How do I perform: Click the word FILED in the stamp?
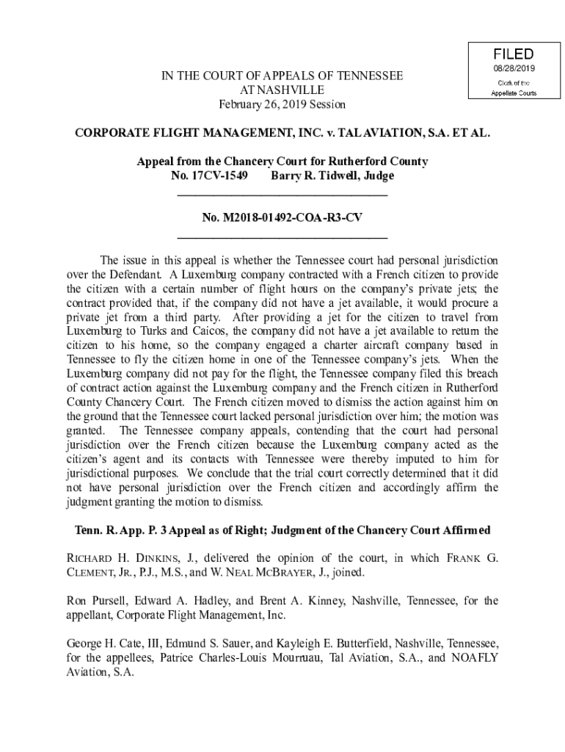[514, 54]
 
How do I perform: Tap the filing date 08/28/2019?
[514, 68]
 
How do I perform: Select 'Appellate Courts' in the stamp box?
[514, 93]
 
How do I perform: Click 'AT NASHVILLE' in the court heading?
[282, 90]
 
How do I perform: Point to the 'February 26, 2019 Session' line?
[282, 104]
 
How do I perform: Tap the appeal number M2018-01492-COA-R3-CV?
[282, 218]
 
